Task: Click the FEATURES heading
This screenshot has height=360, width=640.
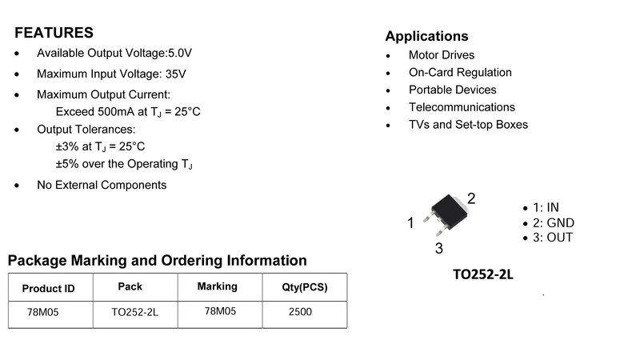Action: pos(54,33)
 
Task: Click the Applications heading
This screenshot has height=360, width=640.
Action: pos(426,36)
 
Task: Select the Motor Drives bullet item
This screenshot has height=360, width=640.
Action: pos(441,55)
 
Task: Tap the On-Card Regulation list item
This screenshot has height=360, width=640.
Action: pos(460,72)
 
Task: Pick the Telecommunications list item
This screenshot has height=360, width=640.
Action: pos(462,107)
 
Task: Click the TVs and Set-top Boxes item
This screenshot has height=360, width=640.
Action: pos(468,125)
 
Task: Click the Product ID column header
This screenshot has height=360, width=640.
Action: pos(48,289)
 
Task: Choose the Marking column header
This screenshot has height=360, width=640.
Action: pos(217,286)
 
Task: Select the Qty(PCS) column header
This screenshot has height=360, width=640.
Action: pos(305,288)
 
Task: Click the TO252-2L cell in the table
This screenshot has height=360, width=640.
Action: pos(135,312)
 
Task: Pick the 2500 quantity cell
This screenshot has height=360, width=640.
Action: pos(300,312)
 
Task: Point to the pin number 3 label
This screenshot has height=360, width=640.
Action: pos(438,248)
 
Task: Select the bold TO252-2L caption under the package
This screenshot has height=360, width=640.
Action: pos(482,274)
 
